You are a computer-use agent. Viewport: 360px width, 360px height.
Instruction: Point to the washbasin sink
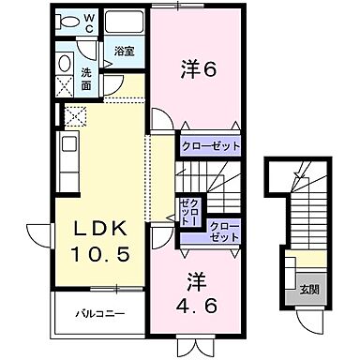[65, 64]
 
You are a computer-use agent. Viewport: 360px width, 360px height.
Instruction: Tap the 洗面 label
[85, 78]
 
